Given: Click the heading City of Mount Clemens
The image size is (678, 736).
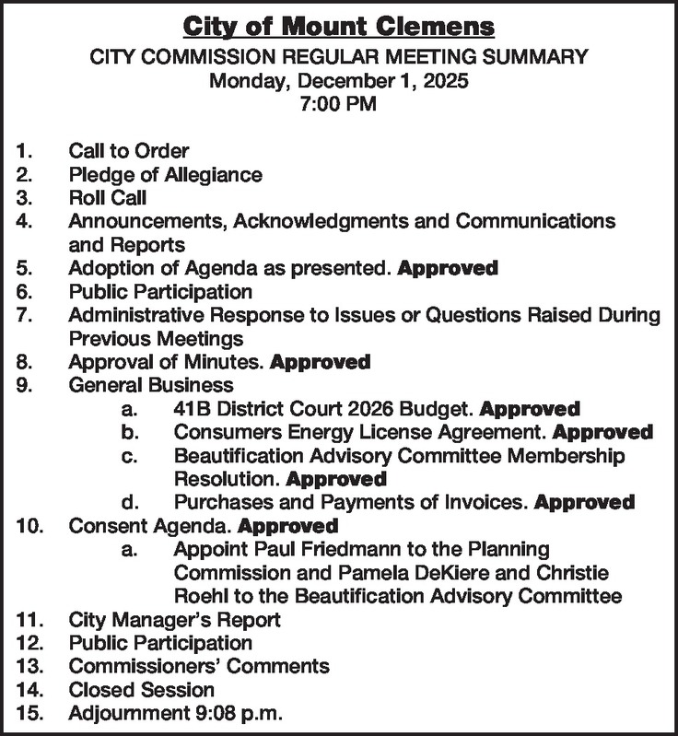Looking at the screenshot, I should (x=338, y=25).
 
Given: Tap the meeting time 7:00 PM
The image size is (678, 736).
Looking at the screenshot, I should (x=338, y=104).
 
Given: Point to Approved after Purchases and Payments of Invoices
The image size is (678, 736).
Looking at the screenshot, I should (x=585, y=503).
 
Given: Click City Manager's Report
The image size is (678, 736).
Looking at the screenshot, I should (x=175, y=620).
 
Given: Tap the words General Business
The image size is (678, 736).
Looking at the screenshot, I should (x=151, y=385).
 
